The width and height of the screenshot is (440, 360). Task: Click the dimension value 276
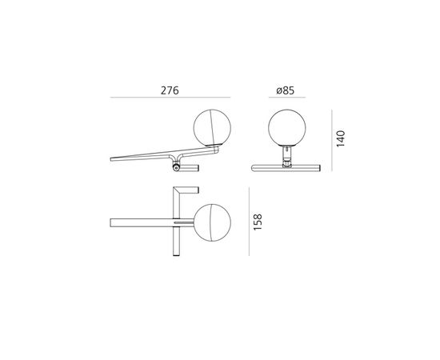(x=170, y=90)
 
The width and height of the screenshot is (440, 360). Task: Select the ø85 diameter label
(x=286, y=90)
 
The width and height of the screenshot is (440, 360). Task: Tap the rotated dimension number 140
(x=340, y=138)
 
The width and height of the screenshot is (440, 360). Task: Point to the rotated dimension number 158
(x=258, y=222)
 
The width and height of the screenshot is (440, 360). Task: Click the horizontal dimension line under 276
(x=170, y=98)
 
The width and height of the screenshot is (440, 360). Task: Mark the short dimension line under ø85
(x=287, y=98)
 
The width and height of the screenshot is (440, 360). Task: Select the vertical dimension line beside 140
(x=332, y=140)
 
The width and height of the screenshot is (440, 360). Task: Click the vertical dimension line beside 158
(x=249, y=222)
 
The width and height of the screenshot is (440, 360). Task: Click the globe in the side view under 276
(x=212, y=128)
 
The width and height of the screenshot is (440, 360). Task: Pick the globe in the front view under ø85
(x=287, y=128)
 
